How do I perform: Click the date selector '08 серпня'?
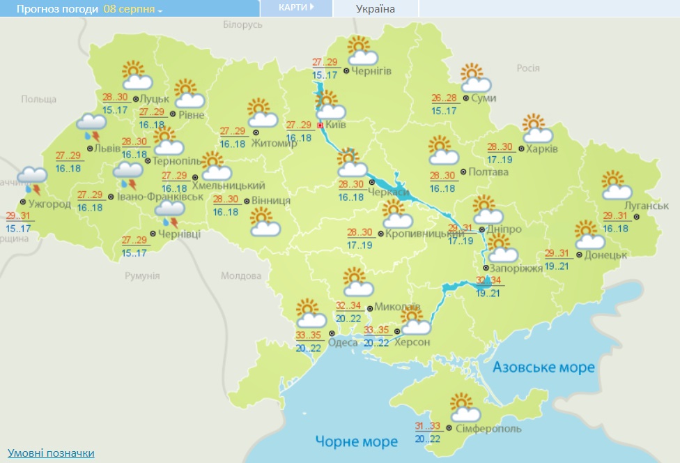132,9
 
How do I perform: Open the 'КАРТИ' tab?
295,8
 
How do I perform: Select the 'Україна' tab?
375,9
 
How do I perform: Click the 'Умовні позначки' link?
51,453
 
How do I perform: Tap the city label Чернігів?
371,71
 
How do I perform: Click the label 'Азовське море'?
543,367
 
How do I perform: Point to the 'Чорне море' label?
356,441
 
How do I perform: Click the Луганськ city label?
646,206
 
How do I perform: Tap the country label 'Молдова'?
240,276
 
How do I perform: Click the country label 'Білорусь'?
242,24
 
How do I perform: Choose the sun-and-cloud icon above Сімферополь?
463,407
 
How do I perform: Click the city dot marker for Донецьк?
578,255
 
